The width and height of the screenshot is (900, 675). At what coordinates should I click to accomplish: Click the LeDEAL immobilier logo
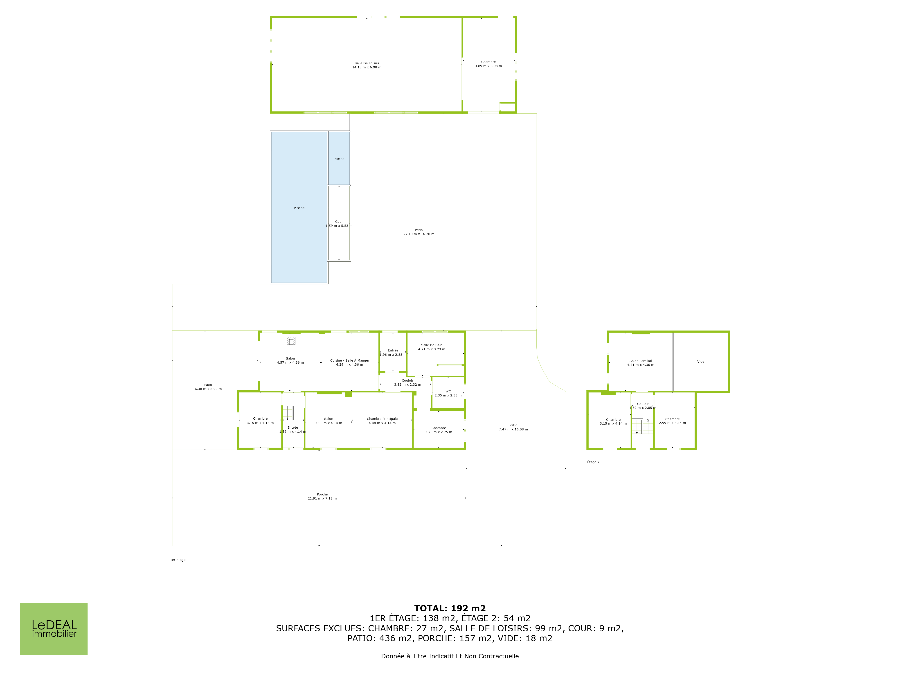(54, 629)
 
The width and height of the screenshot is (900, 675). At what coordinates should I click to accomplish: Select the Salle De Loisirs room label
(367, 65)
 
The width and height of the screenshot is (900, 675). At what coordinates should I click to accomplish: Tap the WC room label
(448, 393)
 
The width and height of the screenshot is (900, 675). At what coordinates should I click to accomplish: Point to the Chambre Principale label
(382, 421)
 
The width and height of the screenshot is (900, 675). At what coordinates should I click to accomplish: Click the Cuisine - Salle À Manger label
(349, 362)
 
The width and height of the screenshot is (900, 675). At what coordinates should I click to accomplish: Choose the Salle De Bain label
(432, 347)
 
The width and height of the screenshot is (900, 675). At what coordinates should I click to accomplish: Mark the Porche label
(322, 496)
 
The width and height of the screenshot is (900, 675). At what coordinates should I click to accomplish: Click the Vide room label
(701, 361)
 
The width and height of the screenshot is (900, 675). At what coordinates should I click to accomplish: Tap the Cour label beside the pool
(339, 224)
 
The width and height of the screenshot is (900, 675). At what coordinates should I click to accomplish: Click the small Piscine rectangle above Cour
(339, 158)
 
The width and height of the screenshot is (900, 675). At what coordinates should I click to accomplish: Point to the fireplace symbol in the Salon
(291, 341)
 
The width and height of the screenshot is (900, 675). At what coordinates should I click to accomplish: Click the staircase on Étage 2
(642, 426)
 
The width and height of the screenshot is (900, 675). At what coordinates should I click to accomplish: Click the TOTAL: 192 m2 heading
(450, 608)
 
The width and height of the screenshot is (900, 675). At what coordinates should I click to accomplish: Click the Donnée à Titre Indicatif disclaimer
(450, 656)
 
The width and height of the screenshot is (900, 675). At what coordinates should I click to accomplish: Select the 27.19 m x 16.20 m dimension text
(419, 234)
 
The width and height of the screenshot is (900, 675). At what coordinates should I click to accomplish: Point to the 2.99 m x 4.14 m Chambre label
(673, 423)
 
